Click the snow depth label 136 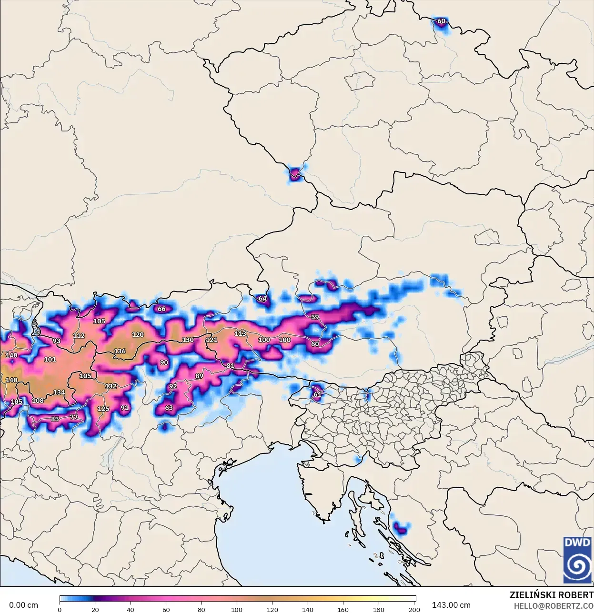[x=120, y=351]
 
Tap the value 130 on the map [x=188, y=340]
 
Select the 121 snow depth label [x=211, y=340]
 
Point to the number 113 [x=240, y=333]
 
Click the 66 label [x=161, y=309]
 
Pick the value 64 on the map [x=262, y=299]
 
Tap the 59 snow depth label [x=315, y=317]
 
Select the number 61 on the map [x=317, y=394]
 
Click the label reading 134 [x=59, y=392]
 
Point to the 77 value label [x=73, y=417]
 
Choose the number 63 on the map [x=169, y=408]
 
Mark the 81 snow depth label [x=231, y=366]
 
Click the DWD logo [x=577, y=560]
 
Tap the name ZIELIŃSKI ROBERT [x=551, y=595]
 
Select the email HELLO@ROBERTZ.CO [x=554, y=606]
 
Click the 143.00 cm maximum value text [x=451, y=605]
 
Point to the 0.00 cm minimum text [x=23, y=605]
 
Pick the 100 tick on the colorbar [x=237, y=609]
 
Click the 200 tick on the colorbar [x=414, y=609]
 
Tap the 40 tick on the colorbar [x=131, y=609]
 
